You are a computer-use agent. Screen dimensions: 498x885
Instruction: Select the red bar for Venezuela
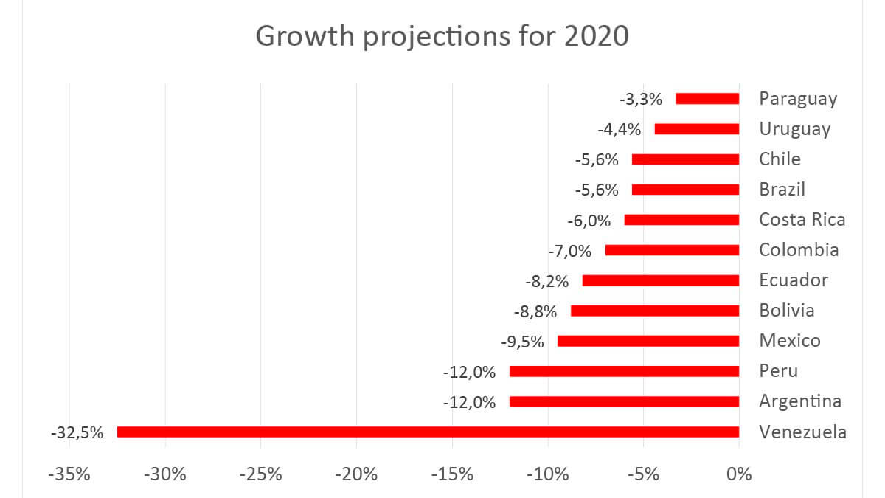[428, 432]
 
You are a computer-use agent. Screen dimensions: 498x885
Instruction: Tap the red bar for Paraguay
[707, 99]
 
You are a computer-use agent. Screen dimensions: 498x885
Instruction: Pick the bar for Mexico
[648, 341]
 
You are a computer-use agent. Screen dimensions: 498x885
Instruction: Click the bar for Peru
[624, 371]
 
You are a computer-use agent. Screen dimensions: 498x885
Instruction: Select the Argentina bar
[624, 402]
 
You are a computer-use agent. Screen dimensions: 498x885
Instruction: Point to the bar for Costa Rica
[681, 220]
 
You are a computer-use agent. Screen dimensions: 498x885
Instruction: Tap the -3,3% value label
[641, 99]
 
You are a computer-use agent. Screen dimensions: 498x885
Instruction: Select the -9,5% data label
[522, 342]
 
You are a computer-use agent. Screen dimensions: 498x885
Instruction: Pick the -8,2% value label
[546, 281]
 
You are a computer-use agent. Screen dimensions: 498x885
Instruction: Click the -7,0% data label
[570, 251]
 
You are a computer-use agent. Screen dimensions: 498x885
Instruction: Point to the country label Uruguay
[794, 129]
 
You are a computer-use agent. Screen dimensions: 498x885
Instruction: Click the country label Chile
[780, 159]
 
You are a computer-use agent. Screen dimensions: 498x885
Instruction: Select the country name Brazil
[782, 190]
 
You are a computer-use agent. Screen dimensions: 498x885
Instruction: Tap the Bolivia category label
[787, 311]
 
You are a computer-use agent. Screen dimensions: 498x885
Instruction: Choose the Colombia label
[799, 250]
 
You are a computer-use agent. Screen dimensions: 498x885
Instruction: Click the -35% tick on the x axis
[69, 474]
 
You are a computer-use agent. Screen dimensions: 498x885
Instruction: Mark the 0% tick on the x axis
[737, 474]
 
